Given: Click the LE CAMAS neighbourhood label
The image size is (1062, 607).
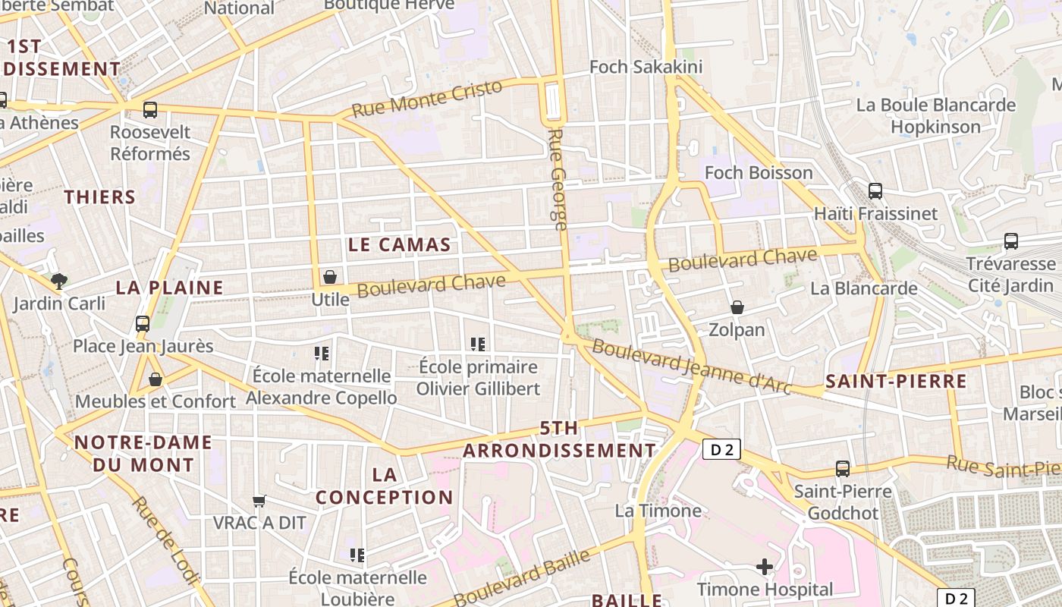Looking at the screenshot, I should coord(399,245).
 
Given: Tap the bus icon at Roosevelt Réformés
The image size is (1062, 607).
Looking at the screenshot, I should coord(150,110).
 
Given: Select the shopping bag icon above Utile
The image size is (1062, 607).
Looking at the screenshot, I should coord(330,277).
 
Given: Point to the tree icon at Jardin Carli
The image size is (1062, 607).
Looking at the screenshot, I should coord(59,281).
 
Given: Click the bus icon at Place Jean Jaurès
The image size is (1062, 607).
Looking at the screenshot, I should coord(142,324).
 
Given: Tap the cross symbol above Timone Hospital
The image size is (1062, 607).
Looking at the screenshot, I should coord(765,566).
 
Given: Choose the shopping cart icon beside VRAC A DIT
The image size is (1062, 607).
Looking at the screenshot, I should coord(259,501).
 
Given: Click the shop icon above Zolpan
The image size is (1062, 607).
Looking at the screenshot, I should coord(737,307).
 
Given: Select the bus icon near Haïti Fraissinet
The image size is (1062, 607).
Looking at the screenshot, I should coord(875,191).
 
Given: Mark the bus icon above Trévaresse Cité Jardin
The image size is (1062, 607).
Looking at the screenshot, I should coord(1010,242).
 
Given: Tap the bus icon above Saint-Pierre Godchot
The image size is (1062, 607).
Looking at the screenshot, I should coord(842,469).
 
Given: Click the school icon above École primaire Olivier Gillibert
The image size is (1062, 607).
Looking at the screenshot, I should coord(478,344).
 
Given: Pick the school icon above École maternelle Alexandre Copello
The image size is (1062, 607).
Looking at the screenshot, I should coord(322,354).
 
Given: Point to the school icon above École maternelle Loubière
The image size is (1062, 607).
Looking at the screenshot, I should coord(357,555).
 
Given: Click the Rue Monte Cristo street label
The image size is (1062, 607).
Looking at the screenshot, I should coord(428,99).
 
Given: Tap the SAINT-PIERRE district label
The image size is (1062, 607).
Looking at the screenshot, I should coord(896,381).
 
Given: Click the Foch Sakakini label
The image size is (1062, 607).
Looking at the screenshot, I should coord(646,67).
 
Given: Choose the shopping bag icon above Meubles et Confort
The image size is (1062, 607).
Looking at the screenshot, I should coord(156,379).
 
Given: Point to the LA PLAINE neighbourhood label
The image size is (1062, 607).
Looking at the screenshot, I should coord(170,288).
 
